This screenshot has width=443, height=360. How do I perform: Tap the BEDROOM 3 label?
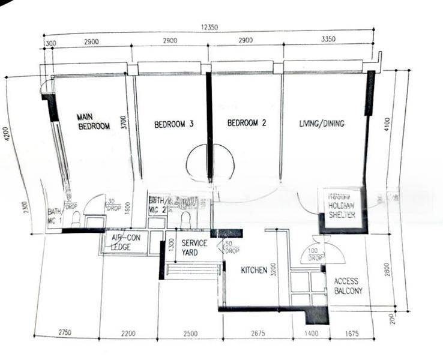(173, 124)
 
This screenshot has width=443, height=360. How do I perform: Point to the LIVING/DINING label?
(322, 124)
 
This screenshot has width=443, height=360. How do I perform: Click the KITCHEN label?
(254, 271)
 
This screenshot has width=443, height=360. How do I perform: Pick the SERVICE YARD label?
(194, 248)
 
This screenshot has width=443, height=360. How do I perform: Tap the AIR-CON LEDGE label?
(125, 242)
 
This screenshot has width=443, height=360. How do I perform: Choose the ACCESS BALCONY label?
(348, 286)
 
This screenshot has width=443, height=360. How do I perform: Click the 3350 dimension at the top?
(328, 40)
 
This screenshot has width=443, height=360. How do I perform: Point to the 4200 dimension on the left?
(7, 133)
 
